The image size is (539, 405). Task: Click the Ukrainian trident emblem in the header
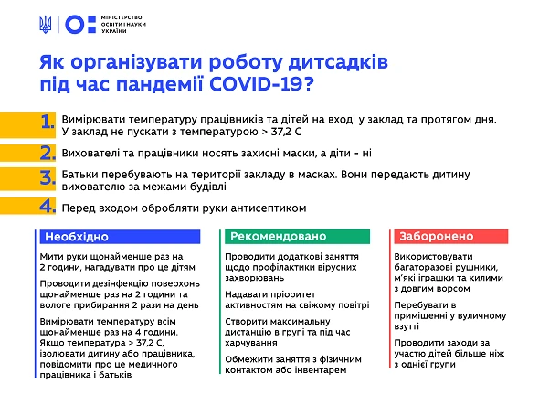click(48, 25)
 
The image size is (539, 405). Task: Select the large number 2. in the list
click(48, 153)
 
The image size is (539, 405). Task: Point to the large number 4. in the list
click(48, 206)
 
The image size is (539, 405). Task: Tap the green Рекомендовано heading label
click(274, 236)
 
